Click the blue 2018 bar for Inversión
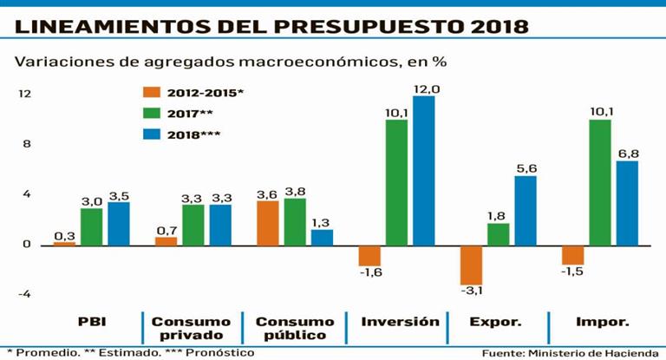(423, 170)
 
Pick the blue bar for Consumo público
(322, 237)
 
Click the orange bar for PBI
(65, 244)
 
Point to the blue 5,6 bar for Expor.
(525, 211)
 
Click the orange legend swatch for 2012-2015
(152, 91)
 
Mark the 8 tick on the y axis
(27, 144)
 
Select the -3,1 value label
(473, 291)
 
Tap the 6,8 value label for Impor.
(627, 154)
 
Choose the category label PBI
(91, 322)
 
